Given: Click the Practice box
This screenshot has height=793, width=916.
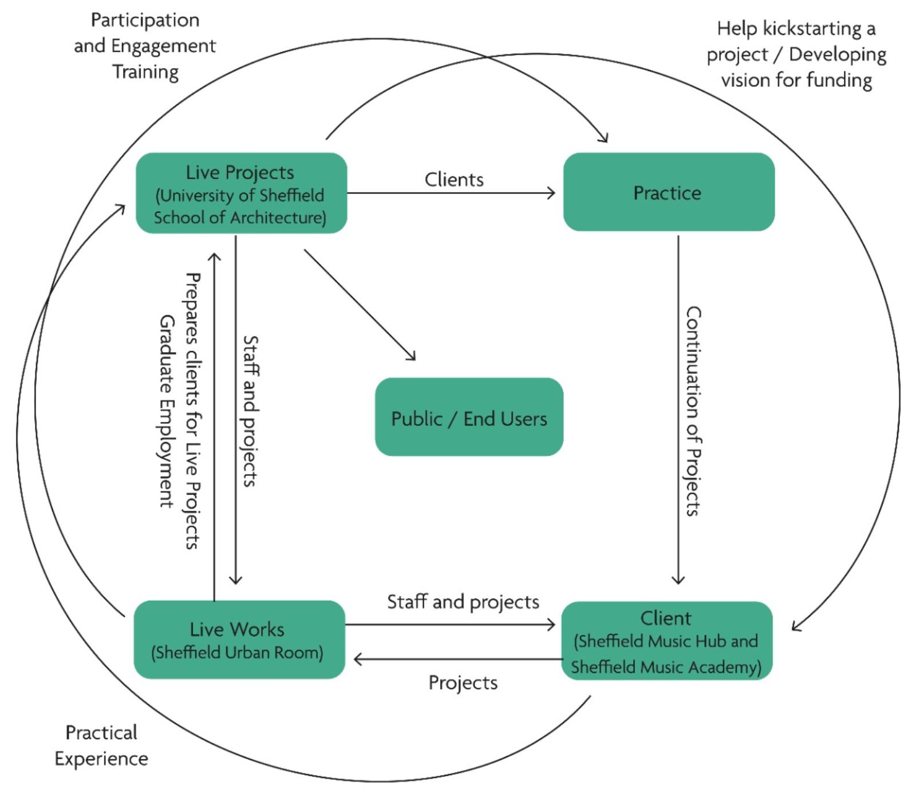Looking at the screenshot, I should pos(669,192).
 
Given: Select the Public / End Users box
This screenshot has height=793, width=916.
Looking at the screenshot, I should pos(469,417).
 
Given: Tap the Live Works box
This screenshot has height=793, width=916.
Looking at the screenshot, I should pos(239,640).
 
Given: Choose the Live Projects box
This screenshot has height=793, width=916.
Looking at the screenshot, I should pos(241,193).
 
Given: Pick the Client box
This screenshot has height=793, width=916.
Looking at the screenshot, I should pos(667,641).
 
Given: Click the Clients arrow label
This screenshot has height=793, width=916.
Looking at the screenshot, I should pos(454,180).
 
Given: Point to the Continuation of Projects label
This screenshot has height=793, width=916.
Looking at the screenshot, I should pos(694,411).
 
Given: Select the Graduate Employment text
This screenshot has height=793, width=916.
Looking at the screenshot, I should pos(166,411).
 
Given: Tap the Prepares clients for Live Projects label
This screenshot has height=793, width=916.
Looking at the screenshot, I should pos(193,411).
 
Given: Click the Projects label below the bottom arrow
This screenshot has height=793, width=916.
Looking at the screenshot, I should pos(463,682).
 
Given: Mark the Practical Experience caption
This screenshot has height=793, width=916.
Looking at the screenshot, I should pos(101,745).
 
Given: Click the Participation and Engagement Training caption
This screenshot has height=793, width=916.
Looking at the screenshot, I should pos(145,46).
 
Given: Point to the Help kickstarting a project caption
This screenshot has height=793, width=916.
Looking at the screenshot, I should pos(796,54).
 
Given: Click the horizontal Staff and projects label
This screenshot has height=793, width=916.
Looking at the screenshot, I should pos(463,602).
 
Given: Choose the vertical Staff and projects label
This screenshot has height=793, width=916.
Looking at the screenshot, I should pos(250,411).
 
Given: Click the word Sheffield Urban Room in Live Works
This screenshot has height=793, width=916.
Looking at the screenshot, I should pos(238,653).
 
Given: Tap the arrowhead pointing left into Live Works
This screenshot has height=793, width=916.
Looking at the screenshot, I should pos(358,660).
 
